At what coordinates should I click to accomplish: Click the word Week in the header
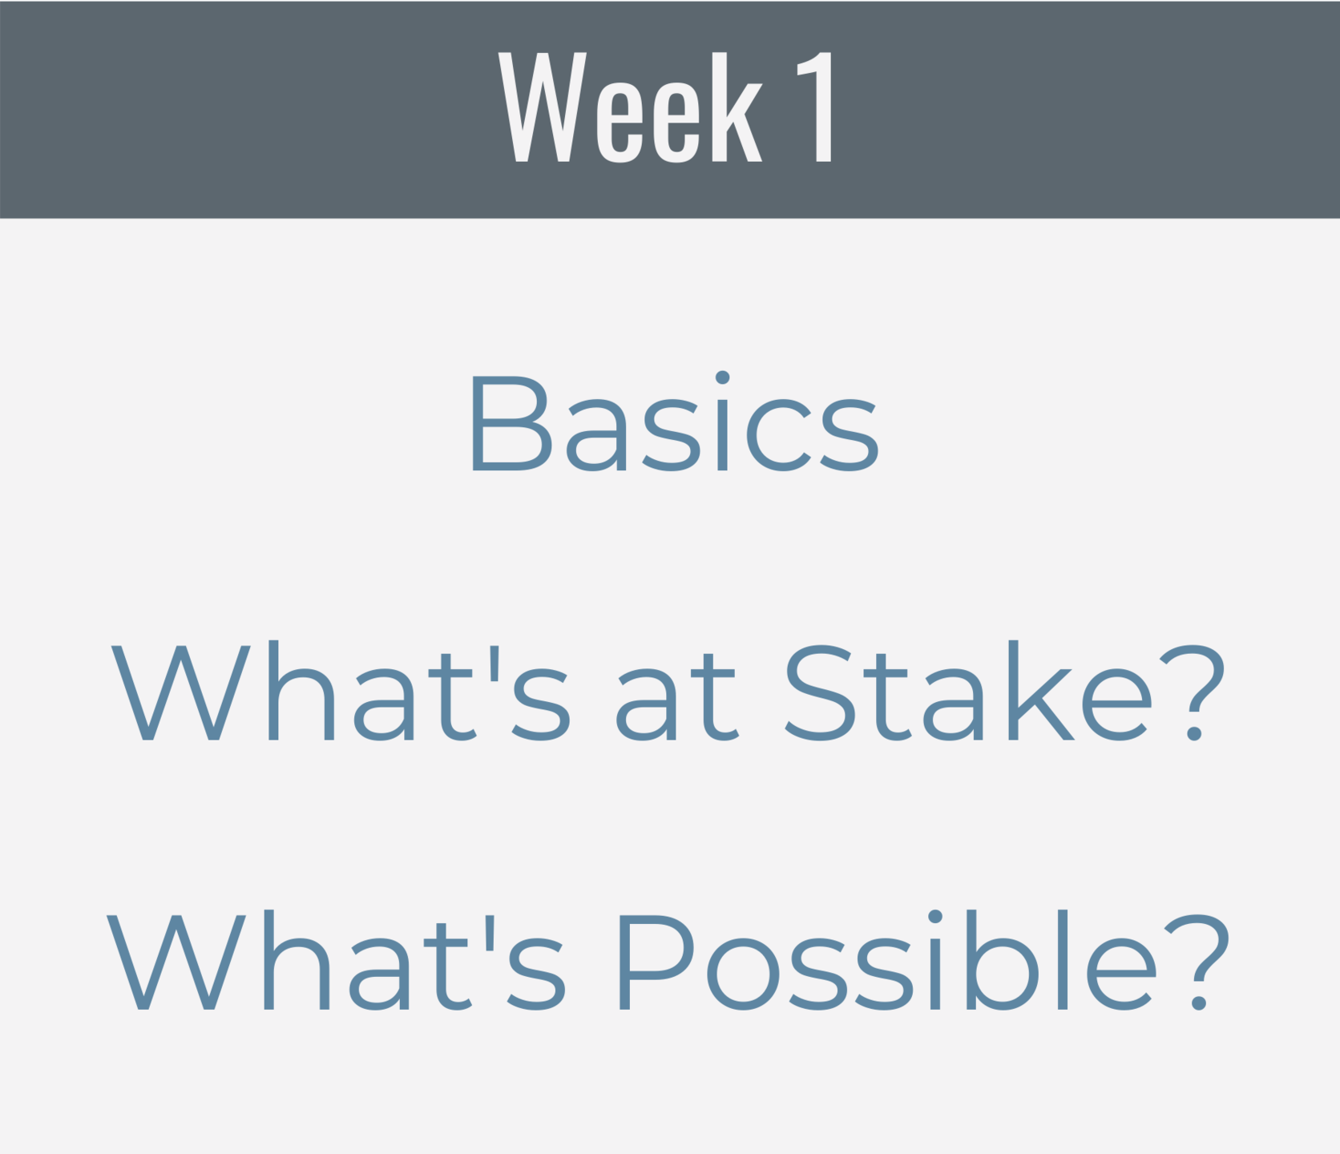click(x=630, y=107)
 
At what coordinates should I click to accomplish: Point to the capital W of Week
click(x=543, y=107)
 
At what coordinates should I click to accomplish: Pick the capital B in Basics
click(x=511, y=423)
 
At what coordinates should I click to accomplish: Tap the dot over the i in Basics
click(x=722, y=377)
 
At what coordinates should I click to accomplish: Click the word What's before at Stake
click(x=341, y=690)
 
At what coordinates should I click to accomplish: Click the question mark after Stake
click(x=1194, y=692)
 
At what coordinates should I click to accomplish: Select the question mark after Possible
click(x=1197, y=962)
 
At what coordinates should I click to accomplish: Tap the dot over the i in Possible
click(x=934, y=917)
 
